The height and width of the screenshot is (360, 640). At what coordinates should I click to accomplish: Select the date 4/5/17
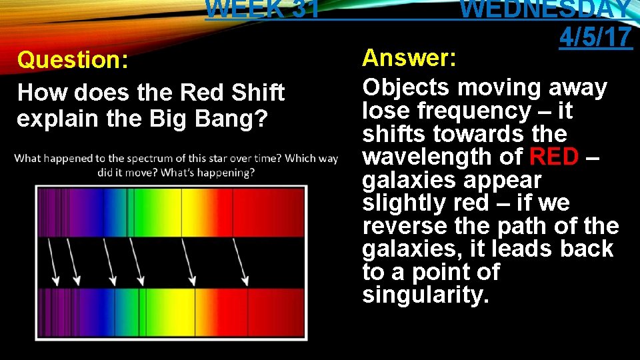point(595,37)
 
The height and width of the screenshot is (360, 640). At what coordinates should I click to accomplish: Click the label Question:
point(73,60)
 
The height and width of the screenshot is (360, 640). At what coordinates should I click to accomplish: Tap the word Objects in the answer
point(404,87)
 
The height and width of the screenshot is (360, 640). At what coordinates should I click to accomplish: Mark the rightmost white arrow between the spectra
point(240,261)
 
